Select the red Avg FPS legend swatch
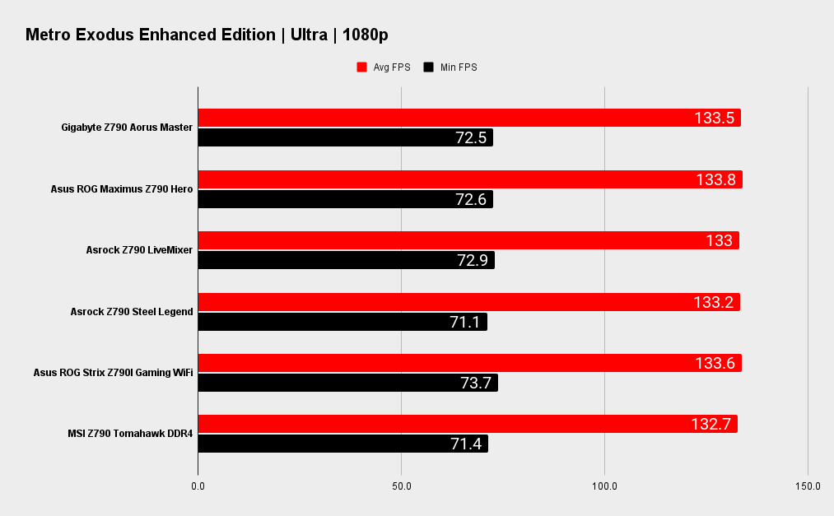click(361, 67)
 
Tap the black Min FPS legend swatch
click(428, 67)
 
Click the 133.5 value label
click(714, 118)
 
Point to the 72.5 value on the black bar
click(471, 137)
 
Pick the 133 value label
click(719, 240)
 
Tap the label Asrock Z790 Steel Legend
click(132, 312)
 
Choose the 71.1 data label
click(465, 322)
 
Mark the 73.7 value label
click(476, 383)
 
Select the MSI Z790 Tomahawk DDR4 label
click(130, 434)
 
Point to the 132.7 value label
click(711, 424)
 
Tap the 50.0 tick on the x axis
click(401, 486)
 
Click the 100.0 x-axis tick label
click(604, 486)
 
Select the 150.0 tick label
click(808, 486)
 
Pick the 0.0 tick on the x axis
click(198, 486)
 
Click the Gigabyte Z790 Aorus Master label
click(127, 128)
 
